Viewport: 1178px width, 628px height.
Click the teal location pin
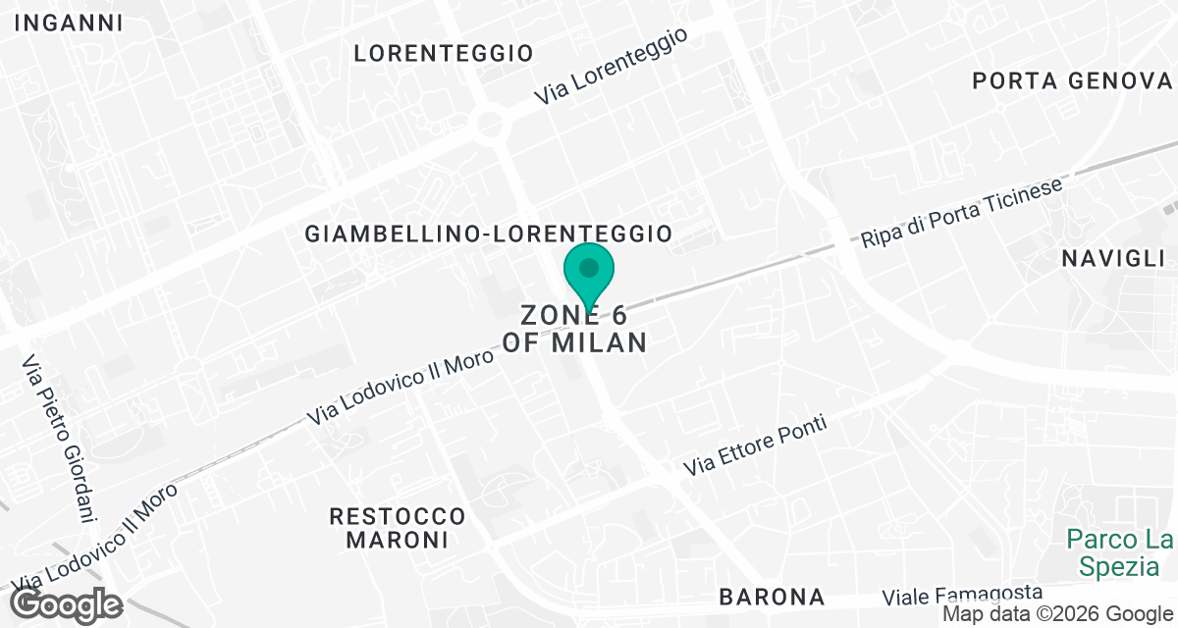point(588,271)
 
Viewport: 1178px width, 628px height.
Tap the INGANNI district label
point(69,23)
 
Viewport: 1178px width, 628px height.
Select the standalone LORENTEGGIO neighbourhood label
point(444,53)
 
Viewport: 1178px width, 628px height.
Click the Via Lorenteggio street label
point(610,66)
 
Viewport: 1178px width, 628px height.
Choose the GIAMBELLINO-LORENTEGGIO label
point(488,234)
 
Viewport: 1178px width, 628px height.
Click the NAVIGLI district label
point(1112,258)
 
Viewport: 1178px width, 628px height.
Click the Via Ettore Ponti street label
point(756,445)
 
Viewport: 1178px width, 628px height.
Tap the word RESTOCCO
point(397,515)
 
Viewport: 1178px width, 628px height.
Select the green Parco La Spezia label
point(1119,551)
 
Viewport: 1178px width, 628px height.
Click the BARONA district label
point(771,596)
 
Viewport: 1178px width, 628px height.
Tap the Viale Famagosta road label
point(962,595)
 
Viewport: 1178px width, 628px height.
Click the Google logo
point(67,604)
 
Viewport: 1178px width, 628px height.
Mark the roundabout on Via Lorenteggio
point(488,125)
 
